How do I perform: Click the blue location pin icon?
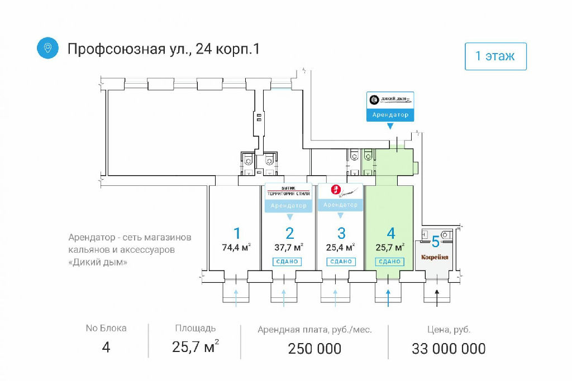[x=48, y=48]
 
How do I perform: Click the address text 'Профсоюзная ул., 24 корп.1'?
[x=163, y=49]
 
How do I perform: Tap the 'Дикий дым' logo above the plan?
[x=390, y=100]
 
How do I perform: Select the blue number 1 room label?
[x=237, y=233]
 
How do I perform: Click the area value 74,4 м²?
[x=236, y=248]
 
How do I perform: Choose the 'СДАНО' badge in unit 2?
[x=288, y=261]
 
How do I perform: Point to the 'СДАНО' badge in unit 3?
[x=340, y=261]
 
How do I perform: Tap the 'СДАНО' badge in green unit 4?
[x=390, y=261]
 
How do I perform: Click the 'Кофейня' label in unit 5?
[x=435, y=258]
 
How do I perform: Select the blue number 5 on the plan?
[x=435, y=242]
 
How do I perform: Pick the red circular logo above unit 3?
[x=336, y=190]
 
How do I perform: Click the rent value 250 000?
[x=314, y=349]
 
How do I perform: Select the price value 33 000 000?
[x=449, y=349]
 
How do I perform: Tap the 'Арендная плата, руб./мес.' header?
[x=314, y=329]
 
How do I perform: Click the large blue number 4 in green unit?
[x=391, y=233]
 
